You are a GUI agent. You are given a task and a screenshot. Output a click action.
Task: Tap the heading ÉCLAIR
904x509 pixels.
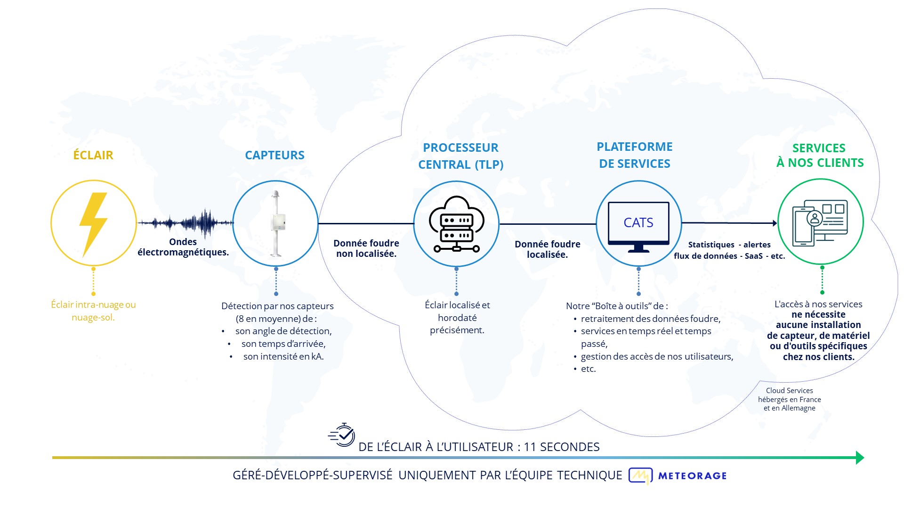(x=93, y=155)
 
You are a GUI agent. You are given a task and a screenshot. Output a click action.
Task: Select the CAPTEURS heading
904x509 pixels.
(x=275, y=156)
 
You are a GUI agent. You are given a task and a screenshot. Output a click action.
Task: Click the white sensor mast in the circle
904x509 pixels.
(x=276, y=223)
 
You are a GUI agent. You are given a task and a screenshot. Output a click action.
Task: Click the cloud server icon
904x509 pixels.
(x=456, y=224)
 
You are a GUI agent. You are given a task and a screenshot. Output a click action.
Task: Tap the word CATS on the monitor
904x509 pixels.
(x=638, y=222)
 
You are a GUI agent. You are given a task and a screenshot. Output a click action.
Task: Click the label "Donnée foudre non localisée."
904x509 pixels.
(x=366, y=248)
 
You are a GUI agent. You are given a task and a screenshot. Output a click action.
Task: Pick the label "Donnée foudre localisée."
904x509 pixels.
(x=548, y=249)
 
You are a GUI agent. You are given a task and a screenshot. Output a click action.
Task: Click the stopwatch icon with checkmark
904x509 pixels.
(x=342, y=435)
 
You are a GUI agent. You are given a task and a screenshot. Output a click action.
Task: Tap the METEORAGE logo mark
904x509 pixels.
(x=640, y=476)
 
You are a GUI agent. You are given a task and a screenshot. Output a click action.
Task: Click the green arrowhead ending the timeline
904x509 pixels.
(x=860, y=458)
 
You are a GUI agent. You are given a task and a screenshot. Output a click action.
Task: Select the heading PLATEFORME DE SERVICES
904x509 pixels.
(x=635, y=155)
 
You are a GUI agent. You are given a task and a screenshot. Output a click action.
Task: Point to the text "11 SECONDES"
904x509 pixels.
(x=562, y=447)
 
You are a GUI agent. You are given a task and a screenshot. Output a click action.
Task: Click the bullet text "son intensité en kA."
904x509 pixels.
(x=283, y=356)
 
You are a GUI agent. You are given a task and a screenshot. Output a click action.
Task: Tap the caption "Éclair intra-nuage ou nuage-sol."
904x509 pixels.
(x=93, y=311)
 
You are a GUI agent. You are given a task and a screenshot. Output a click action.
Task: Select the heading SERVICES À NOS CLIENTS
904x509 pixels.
(x=820, y=156)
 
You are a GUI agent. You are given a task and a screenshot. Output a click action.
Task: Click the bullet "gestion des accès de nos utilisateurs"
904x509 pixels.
(x=657, y=357)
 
